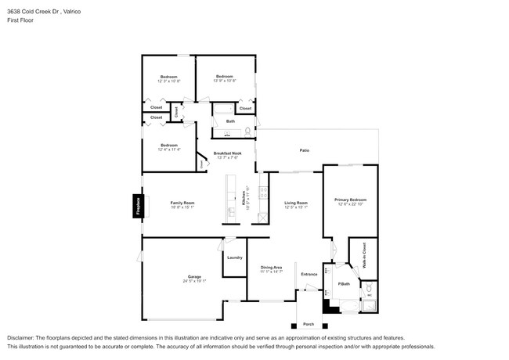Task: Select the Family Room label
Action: click(182, 203)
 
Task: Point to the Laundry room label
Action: click(234, 257)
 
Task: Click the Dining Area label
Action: click(271, 267)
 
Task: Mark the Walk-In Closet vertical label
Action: click(363, 257)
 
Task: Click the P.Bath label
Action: click(343, 283)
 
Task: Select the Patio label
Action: click(304, 150)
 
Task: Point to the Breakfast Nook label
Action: click(227, 153)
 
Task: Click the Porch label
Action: click(309, 324)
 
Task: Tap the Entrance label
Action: click(309, 274)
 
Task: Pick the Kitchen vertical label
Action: click(244, 200)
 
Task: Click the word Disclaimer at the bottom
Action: click(23, 337)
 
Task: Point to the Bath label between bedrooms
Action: click(230, 121)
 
